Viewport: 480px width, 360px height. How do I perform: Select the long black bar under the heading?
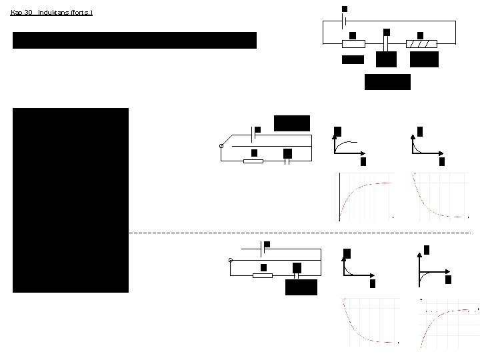134,40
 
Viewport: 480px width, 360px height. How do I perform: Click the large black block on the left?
70,200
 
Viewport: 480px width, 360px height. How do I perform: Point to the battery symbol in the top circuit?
344,22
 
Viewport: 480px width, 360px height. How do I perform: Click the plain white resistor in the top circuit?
353,44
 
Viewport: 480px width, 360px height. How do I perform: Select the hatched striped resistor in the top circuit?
422,44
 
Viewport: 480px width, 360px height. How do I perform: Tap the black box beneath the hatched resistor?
424,59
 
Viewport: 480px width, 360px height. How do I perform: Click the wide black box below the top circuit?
387,81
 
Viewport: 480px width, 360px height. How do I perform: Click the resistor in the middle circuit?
253,161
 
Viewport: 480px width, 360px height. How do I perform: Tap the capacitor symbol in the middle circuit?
287,161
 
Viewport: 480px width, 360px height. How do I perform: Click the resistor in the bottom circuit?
263,275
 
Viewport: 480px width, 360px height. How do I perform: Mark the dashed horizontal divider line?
300,233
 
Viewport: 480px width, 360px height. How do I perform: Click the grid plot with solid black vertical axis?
365,197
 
